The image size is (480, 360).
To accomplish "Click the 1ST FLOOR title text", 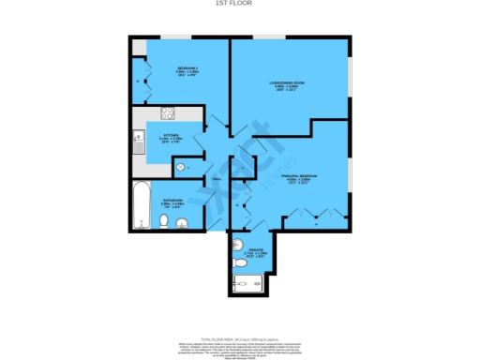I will [x=240, y=4].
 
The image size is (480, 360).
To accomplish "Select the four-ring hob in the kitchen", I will [x=168, y=115].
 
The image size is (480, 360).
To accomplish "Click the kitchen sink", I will [x=138, y=143].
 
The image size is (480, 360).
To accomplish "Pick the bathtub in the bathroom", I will [x=141, y=206].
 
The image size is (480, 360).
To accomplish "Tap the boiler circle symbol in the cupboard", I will [x=181, y=168].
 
